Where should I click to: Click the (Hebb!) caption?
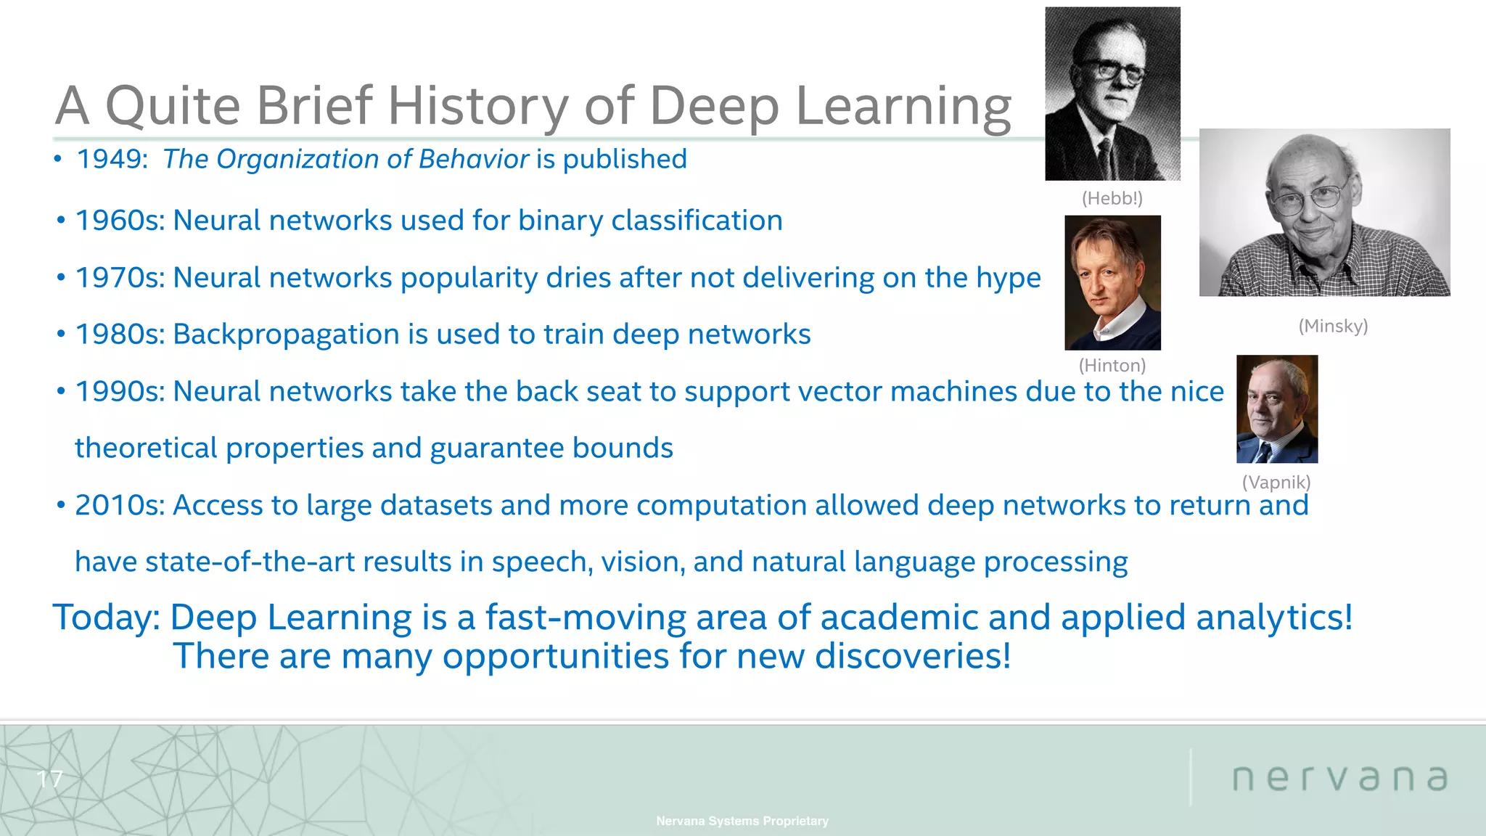pyautogui.click(x=1112, y=198)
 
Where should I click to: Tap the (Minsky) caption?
pyautogui.click(x=1333, y=326)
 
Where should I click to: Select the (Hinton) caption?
pyautogui.click(x=1112, y=365)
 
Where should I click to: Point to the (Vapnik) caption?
pyautogui.click(x=1276, y=482)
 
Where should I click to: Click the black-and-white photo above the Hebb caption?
pyautogui.click(x=1112, y=94)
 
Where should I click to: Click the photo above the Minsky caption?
pyautogui.click(x=1324, y=212)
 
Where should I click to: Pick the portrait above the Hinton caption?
pyautogui.click(x=1112, y=282)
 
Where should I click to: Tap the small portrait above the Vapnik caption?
pyautogui.click(x=1277, y=409)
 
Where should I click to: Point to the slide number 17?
pyautogui.click(x=49, y=779)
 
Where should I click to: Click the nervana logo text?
pyautogui.click(x=1339, y=778)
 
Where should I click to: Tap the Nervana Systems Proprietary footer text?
pyautogui.click(x=742, y=821)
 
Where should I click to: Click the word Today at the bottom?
pyautogui.click(x=106, y=618)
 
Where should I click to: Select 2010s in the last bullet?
pyautogui.click(x=120, y=505)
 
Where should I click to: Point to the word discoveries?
pyautogui.click(x=912, y=656)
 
